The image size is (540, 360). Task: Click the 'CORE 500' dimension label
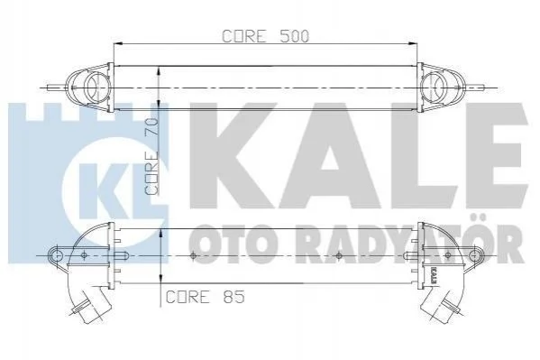pos(266,36)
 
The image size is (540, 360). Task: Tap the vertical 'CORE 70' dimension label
pos(151,156)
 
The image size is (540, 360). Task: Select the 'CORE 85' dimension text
pos(205,297)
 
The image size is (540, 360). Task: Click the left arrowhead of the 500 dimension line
pos(118,44)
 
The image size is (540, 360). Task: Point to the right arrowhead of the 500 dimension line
pos(413,44)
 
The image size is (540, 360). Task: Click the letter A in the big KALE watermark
pos(329,156)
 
